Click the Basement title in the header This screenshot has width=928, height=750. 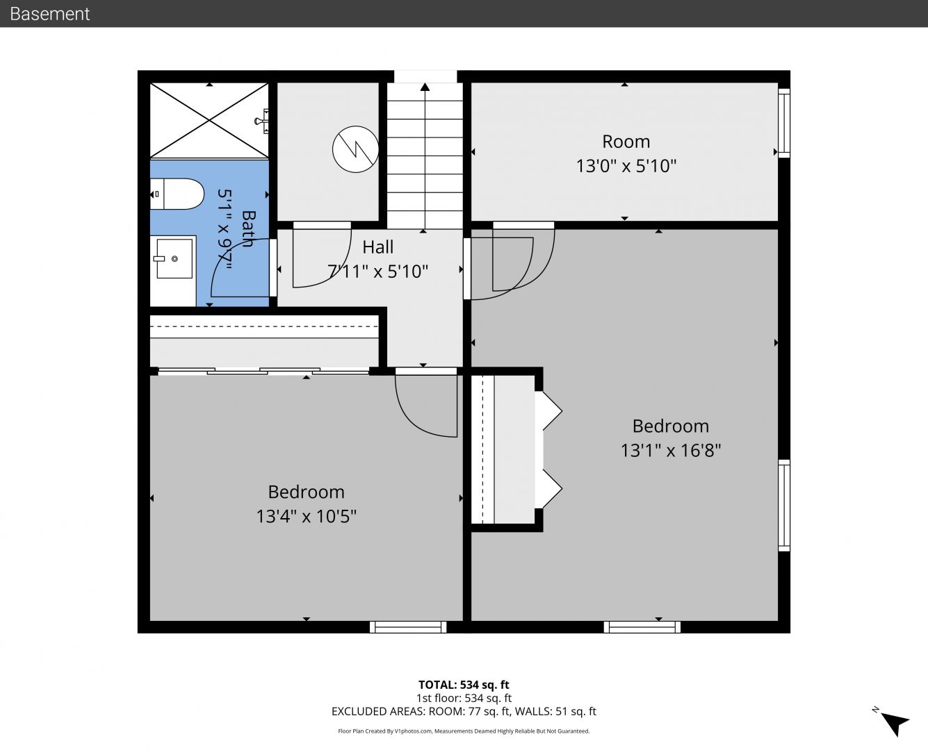point(49,14)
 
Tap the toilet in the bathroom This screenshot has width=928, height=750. point(177,194)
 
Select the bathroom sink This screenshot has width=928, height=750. point(173,258)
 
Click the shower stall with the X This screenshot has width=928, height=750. point(209,120)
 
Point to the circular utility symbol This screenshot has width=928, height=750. point(355,149)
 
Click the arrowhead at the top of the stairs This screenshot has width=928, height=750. point(425,87)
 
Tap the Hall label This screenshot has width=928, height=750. point(377,247)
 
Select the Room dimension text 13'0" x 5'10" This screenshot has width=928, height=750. point(626,166)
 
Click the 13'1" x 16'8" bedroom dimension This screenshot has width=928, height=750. point(671,450)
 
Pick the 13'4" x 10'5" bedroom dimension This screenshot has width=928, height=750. point(306,516)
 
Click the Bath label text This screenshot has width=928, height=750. point(248,229)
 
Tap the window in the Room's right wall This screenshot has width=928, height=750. point(784,123)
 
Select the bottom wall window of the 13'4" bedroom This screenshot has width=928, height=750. point(408,627)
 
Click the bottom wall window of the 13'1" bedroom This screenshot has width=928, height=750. point(642,627)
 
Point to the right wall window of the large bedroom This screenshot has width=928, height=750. point(784,506)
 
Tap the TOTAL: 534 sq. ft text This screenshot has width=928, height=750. point(464,685)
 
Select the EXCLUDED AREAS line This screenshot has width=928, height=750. point(464,711)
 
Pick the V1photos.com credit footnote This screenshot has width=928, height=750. point(464,731)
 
